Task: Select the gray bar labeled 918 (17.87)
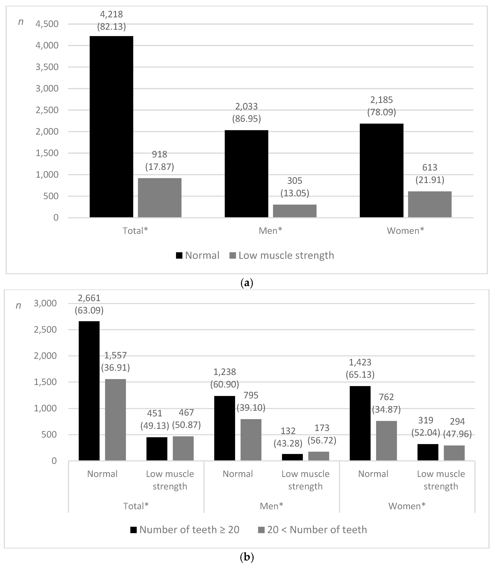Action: pos(160,198)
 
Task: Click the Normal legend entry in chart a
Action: pos(197,255)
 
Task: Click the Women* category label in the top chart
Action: pos(405,231)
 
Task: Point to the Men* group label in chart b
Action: pos(271,506)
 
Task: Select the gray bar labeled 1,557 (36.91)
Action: pos(115,420)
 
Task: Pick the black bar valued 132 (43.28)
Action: pos(292,457)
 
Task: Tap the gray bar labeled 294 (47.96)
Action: pos(454,453)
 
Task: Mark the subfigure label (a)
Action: pos(247,283)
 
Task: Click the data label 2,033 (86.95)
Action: pos(246,112)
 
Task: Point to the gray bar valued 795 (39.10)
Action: pos(251,440)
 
